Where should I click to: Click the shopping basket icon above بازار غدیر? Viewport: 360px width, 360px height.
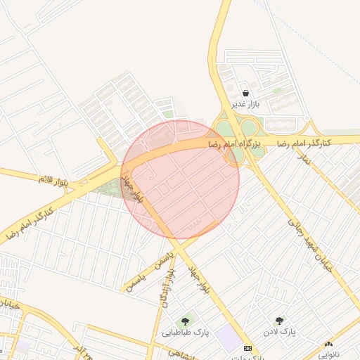(245, 94)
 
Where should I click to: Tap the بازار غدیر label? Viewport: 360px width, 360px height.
(247, 105)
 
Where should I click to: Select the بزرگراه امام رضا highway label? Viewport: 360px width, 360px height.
(236, 144)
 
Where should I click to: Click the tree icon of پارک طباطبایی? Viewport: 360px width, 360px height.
(186, 321)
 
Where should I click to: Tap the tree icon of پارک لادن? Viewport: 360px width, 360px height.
(281, 321)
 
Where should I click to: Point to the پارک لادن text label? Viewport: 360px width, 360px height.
(280, 331)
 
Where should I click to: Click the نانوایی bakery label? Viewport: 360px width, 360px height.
(328, 354)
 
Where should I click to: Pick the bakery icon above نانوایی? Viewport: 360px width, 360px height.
(328, 344)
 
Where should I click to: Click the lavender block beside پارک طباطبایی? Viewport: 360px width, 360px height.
(227, 338)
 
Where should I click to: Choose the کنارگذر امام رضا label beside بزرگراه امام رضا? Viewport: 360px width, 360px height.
(303, 143)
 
